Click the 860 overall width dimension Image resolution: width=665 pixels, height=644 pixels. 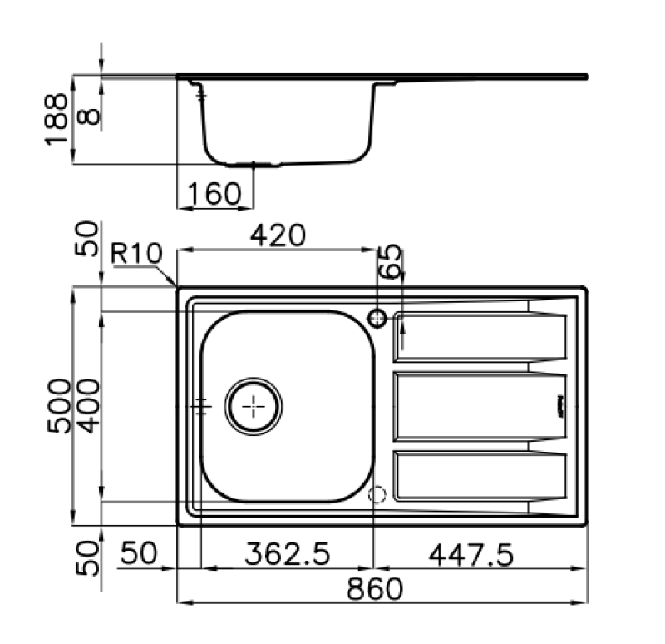coord(374,589)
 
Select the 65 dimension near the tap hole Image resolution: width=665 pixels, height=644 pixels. coord(390,261)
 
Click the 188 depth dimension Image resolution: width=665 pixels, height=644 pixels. coord(57,119)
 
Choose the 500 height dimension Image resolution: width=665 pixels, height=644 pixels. coord(59,405)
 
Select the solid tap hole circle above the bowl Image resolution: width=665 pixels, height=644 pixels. coord(377,317)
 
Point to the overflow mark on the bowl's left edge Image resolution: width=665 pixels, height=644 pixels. coord(201,406)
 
